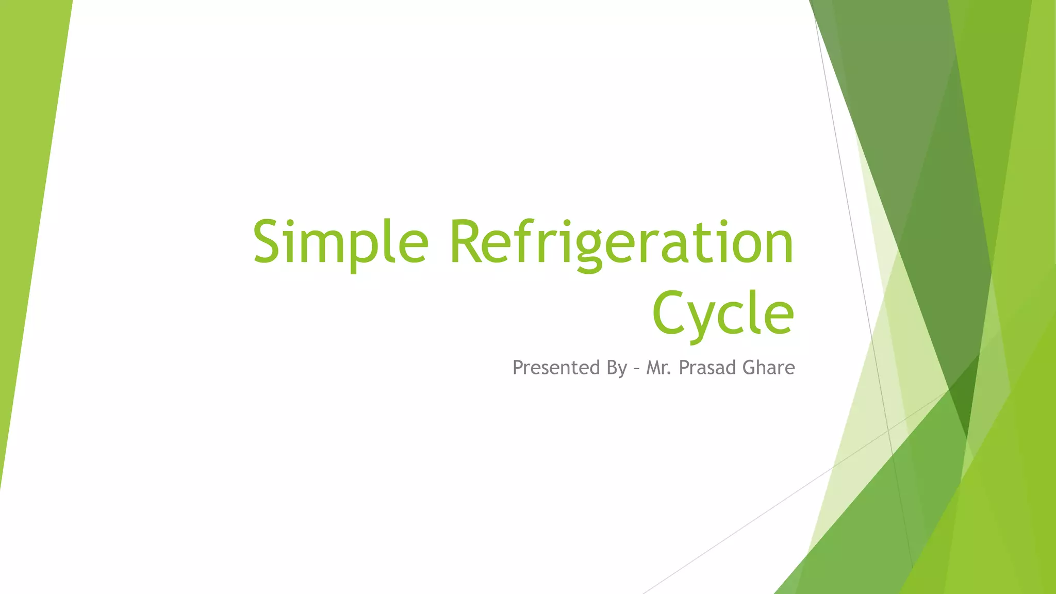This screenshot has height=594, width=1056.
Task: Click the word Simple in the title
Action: (x=340, y=242)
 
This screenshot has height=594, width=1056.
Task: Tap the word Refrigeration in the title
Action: (x=621, y=242)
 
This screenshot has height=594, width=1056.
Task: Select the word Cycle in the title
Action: (x=723, y=313)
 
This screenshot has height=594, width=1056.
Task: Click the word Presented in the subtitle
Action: (x=555, y=368)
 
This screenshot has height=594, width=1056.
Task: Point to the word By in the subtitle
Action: (x=617, y=368)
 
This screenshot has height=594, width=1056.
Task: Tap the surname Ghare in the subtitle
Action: (x=769, y=368)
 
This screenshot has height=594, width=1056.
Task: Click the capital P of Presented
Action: (x=518, y=368)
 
